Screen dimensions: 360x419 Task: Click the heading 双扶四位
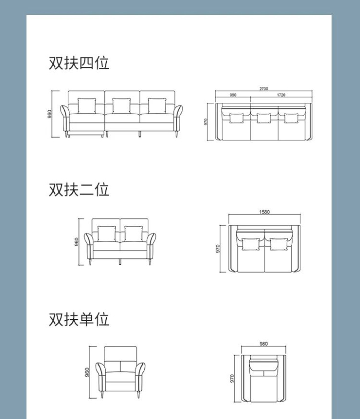coord(79,63)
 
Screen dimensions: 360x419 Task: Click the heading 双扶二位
coord(79,189)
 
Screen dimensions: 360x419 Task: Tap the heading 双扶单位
coord(79,319)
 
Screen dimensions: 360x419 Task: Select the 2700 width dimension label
coord(264,89)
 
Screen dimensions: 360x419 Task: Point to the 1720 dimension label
coord(281,95)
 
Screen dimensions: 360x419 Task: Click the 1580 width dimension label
coord(264,212)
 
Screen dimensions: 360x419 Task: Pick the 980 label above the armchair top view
coord(263,344)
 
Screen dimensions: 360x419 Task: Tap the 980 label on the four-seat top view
coord(233,95)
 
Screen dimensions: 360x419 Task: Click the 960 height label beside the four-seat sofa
coord(49,114)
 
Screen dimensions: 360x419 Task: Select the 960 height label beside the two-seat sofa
coord(77,242)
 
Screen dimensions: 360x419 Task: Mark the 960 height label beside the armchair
coord(87,372)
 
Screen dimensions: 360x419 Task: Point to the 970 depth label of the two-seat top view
coord(218,249)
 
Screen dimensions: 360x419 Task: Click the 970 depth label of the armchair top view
coord(232,378)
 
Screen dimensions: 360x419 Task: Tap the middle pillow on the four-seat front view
coord(122,106)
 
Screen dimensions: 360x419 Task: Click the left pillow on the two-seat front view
coord(106,234)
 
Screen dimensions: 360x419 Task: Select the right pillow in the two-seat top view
coord(278,244)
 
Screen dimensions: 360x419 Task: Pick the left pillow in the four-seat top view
coord(236,118)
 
